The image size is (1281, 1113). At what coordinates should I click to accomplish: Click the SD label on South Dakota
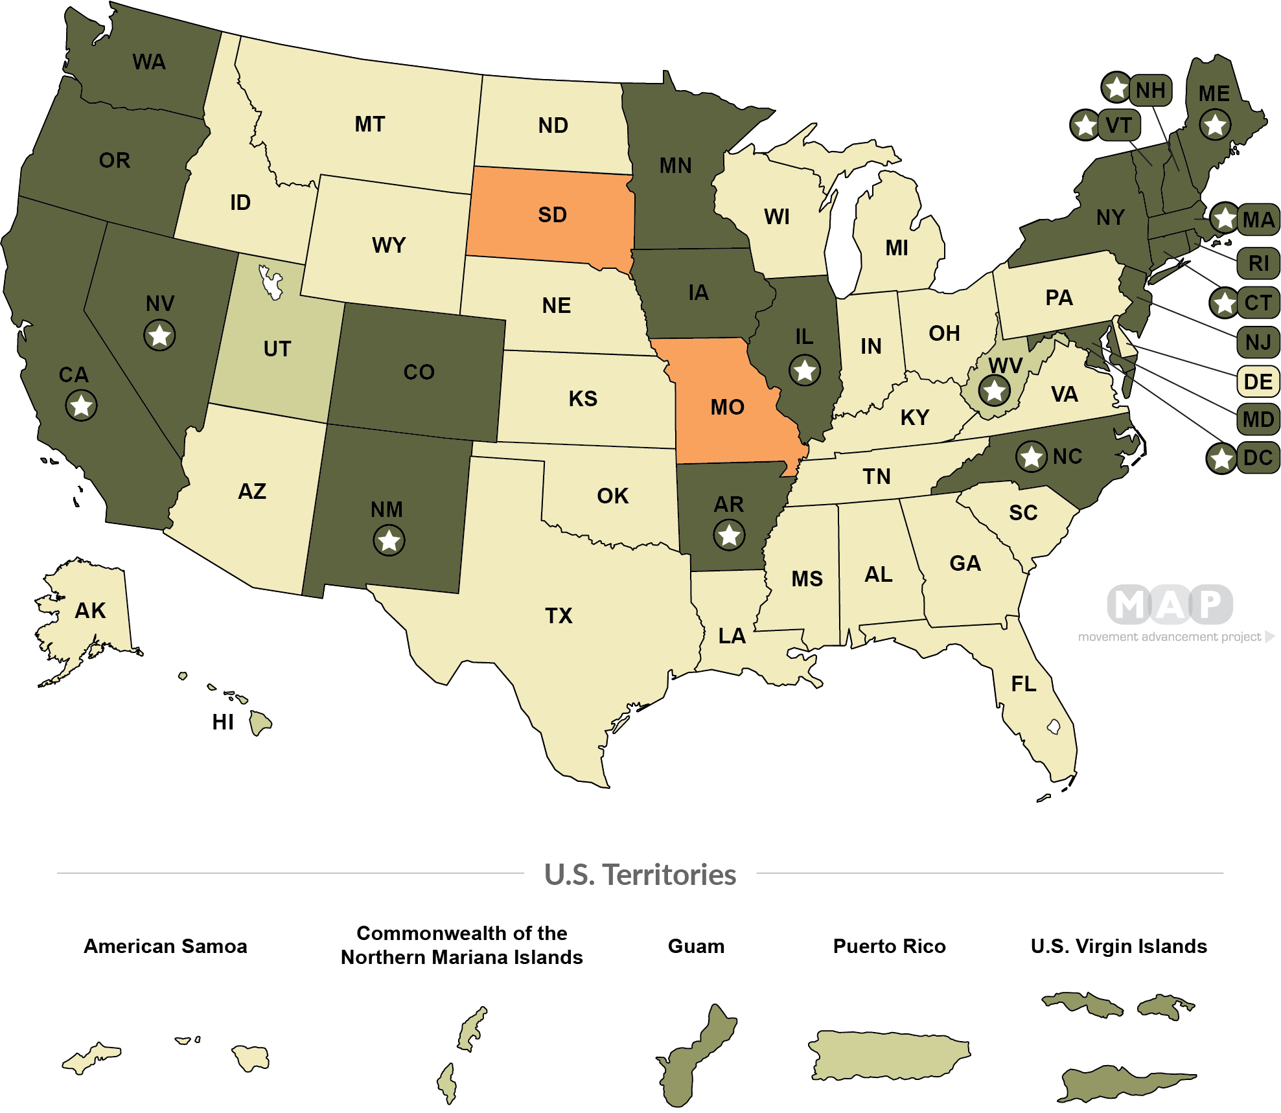click(552, 215)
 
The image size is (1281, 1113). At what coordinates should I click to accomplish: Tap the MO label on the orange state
click(727, 407)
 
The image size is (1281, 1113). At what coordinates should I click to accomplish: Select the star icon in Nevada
click(159, 336)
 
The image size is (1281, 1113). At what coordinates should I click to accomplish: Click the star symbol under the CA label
click(81, 406)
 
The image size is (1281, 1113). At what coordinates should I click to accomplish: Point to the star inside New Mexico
click(389, 540)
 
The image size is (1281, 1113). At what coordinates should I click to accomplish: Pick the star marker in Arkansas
click(729, 535)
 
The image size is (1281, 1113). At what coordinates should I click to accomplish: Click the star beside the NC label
click(1031, 457)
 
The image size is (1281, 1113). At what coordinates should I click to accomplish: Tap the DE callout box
click(1258, 382)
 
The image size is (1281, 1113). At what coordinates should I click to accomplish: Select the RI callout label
click(1258, 264)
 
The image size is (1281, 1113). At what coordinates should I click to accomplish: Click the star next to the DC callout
click(1221, 459)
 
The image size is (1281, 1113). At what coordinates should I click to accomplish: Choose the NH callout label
click(1150, 91)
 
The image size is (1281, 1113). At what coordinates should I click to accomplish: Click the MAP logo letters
click(1170, 604)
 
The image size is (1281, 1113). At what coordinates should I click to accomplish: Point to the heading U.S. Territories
click(640, 875)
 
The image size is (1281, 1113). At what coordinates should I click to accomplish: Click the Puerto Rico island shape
click(888, 1055)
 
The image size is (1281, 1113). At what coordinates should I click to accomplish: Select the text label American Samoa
click(165, 947)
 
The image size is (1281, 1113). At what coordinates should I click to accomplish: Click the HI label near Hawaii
click(222, 722)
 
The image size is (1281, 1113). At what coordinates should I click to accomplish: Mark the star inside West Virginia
click(994, 391)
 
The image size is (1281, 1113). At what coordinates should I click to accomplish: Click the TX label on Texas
click(559, 615)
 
